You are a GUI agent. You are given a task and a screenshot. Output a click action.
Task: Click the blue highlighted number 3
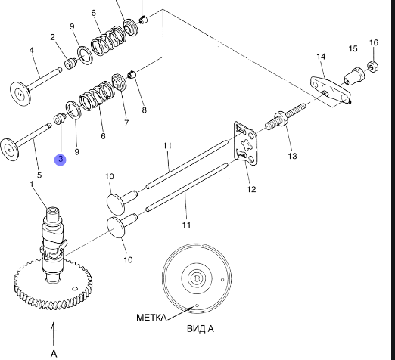61,160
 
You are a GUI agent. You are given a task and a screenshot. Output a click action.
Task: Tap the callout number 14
321,57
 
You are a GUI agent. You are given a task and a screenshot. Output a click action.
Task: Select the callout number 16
374,42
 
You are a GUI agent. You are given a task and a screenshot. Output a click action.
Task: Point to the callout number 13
292,156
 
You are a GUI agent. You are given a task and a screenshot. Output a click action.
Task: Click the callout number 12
251,189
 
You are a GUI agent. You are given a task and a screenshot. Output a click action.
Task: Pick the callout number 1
32,185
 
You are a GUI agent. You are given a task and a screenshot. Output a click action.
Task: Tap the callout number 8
144,110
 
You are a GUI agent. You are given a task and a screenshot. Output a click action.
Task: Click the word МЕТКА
151,318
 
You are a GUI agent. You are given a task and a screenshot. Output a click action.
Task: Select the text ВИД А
201,329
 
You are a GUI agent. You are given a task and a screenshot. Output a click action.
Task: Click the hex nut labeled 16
372,67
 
